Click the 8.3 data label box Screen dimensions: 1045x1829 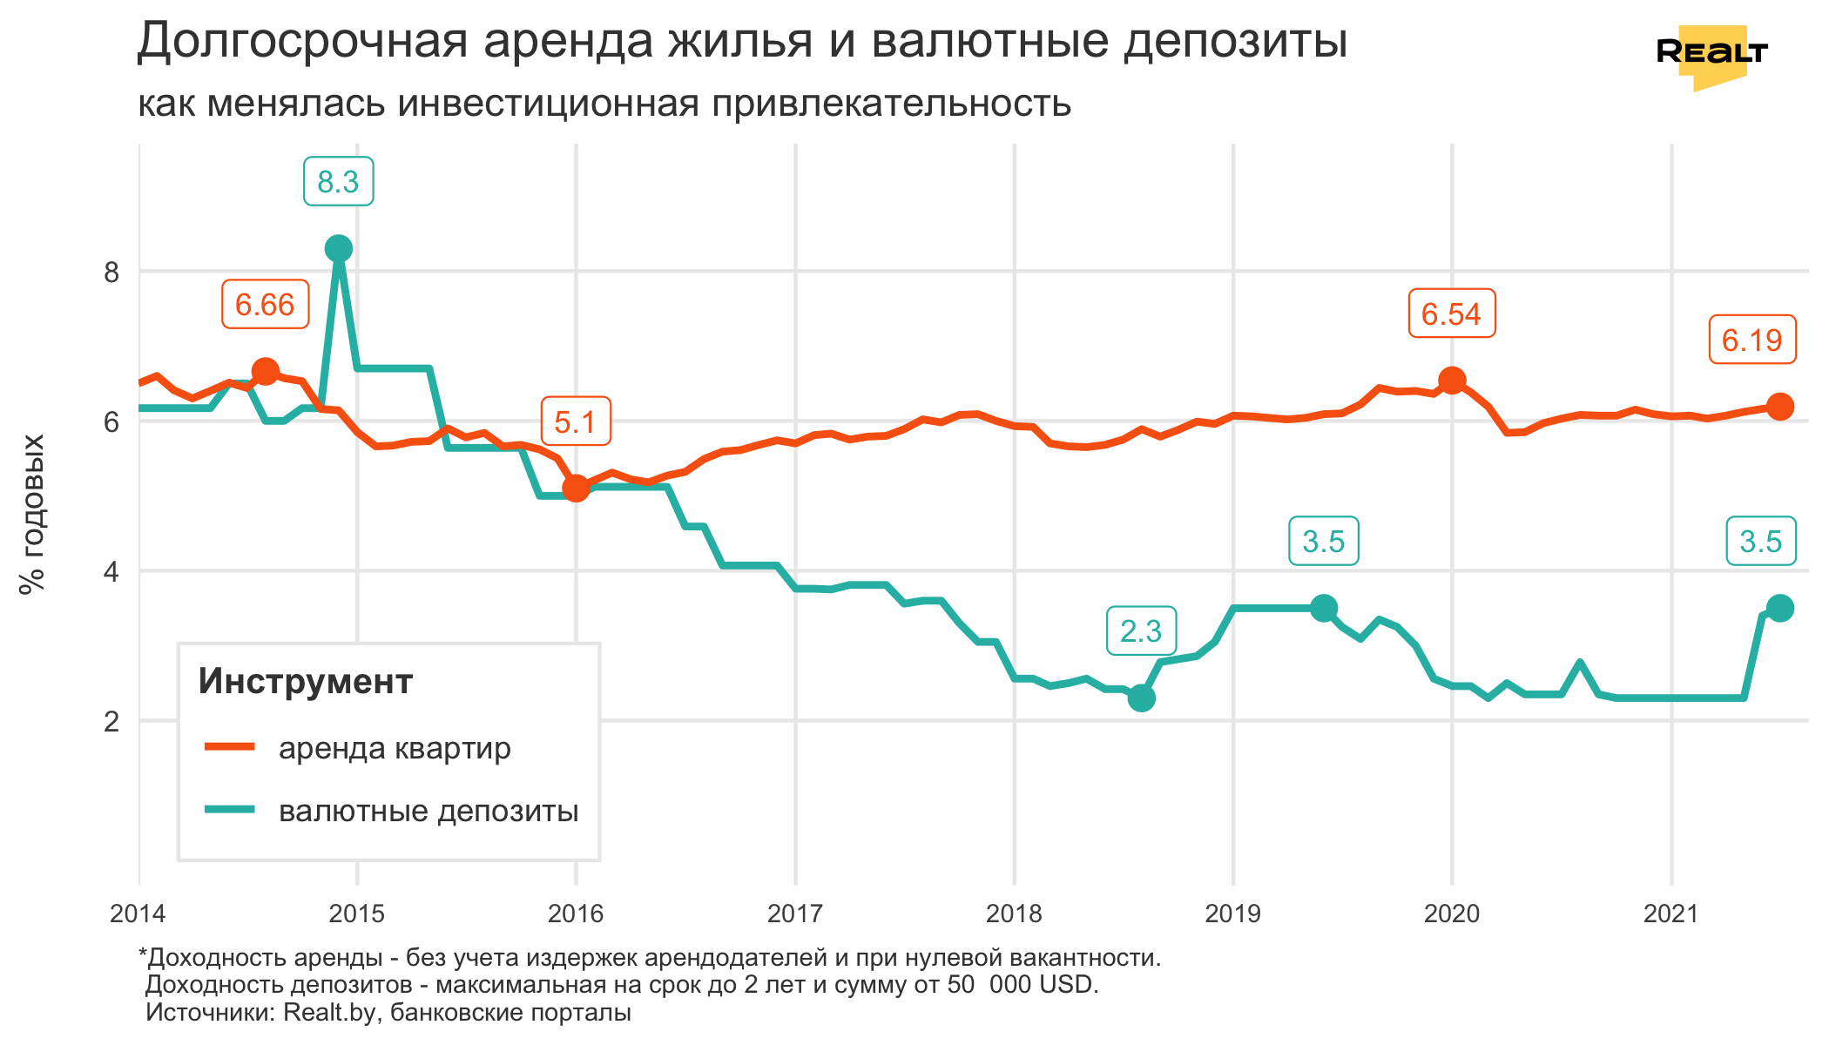point(338,182)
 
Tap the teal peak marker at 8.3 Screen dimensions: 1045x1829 point(338,249)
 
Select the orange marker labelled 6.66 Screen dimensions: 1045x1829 point(265,372)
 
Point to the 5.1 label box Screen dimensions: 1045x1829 point(575,422)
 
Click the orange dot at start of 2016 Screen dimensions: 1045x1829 point(576,488)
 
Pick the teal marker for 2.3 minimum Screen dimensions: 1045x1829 point(1141,698)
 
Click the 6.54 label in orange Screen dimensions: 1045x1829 point(1451,313)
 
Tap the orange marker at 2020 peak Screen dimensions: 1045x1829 point(1452,381)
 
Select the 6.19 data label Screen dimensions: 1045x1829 point(1751,340)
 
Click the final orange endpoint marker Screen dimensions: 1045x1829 point(1779,407)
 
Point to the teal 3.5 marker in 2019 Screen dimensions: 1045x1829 point(1324,609)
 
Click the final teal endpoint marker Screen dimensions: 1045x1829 point(1779,608)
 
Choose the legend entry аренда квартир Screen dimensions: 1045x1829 point(394,748)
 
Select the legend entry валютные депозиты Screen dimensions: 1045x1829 point(428,811)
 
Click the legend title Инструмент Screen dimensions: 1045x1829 point(305,681)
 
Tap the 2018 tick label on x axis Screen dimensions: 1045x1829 point(1014,914)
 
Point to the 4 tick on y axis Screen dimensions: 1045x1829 point(111,572)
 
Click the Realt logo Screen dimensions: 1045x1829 point(1711,55)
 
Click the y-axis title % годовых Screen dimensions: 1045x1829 point(32,514)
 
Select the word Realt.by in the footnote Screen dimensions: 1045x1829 point(332,1012)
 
